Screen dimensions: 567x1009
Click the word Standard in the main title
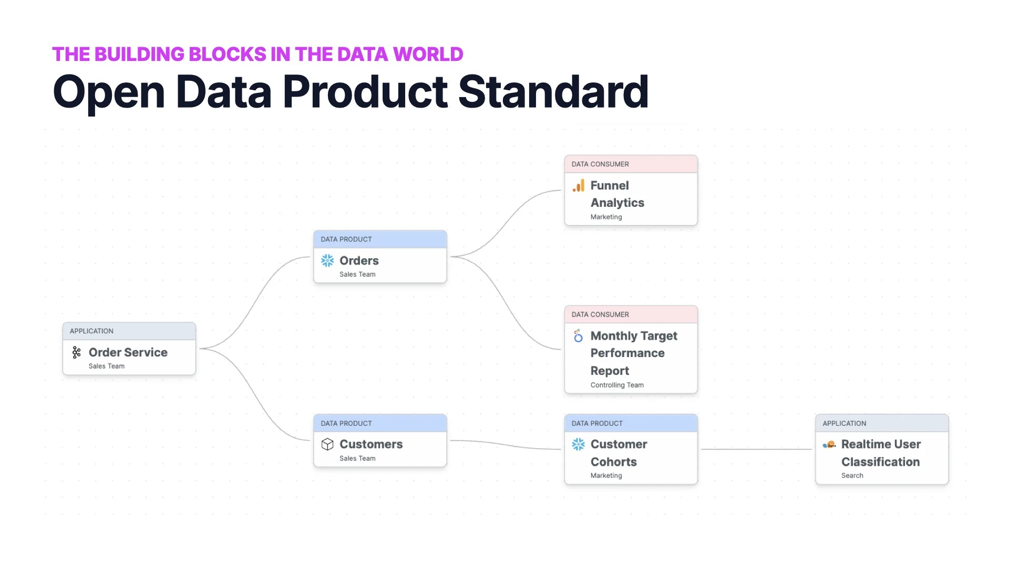point(553,92)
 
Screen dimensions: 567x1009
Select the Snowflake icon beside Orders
point(327,260)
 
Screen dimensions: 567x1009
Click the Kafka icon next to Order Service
point(77,352)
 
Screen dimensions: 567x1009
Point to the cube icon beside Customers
point(327,444)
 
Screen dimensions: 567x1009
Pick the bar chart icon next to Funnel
point(579,186)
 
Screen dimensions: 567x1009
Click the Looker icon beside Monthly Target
point(578,336)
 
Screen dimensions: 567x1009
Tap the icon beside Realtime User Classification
point(829,445)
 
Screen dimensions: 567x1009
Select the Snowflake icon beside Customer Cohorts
point(578,444)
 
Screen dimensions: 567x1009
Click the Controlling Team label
point(617,385)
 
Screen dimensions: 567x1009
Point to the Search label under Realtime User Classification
point(852,476)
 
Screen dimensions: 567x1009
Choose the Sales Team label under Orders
point(357,275)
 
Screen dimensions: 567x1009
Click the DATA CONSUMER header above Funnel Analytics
point(600,164)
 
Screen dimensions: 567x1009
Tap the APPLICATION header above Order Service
point(91,331)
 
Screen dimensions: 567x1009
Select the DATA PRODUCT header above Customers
point(346,424)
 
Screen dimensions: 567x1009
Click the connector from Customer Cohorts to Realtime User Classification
point(757,449)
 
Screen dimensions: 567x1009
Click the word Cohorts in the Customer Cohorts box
point(613,462)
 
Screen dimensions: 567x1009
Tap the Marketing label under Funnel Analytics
point(606,217)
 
